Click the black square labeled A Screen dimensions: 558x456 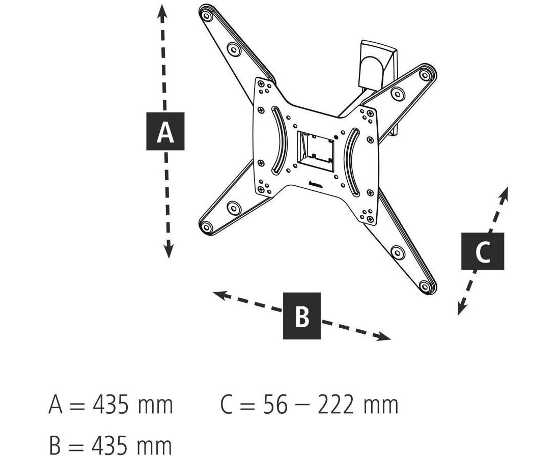coord(165,131)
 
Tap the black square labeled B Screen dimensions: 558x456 coord(302,316)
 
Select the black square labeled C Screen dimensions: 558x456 coord(483,251)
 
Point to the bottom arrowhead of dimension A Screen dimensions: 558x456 coord(169,251)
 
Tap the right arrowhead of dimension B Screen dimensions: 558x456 coord(384,336)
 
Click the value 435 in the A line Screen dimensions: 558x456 coord(110,405)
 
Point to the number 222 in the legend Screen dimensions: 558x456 coord(336,405)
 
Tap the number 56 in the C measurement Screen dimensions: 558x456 coord(275,405)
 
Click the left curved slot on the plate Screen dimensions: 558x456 coord(280,141)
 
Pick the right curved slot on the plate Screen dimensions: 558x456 coord(352,162)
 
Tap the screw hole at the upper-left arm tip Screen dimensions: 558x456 coord(206,16)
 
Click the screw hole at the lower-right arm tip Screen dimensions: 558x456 coord(425,286)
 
